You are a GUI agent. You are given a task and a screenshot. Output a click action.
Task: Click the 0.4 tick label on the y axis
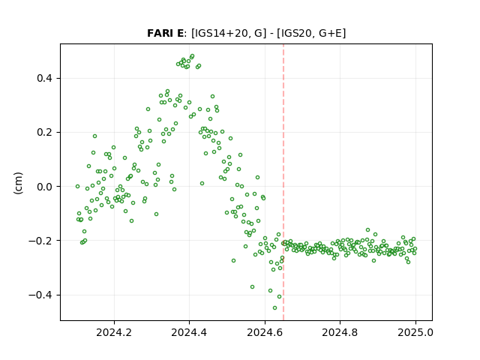coord(44,78)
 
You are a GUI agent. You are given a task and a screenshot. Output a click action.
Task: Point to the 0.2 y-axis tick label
coord(44,133)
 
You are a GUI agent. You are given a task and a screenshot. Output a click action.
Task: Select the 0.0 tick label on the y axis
coord(44,187)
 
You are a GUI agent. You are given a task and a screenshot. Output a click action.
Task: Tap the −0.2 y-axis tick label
coord(40,241)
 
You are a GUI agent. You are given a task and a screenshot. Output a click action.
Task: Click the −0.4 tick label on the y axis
coord(40,295)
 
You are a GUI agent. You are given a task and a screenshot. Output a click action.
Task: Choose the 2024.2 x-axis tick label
coord(114,332)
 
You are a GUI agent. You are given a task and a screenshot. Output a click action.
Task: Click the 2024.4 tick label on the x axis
coord(189,332)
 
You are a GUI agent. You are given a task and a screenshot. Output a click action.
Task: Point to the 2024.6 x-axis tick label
coord(265,332)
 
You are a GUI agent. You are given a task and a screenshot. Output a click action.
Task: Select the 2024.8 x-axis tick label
coord(340,332)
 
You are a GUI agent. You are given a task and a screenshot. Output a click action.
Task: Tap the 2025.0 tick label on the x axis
coord(415,332)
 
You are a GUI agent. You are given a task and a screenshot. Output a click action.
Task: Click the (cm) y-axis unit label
coord(18,183)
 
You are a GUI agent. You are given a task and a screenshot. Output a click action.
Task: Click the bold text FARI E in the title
coord(165,33)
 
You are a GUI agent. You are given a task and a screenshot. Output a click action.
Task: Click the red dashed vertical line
coord(283,182)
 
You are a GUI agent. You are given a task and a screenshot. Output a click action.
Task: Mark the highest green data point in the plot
coord(192,56)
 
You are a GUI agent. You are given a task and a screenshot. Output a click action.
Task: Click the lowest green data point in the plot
coord(275,308)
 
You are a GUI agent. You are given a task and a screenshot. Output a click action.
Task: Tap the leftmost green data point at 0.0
coord(77,187)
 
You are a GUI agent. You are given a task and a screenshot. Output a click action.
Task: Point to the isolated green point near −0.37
coord(252,287)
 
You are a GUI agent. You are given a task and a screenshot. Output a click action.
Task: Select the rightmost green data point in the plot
coord(415,249)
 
